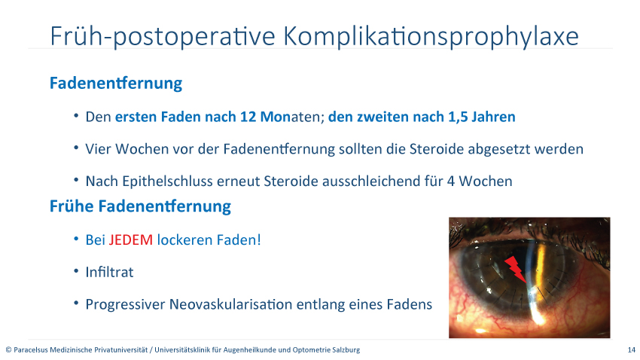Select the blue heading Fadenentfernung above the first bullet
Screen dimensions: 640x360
coord(116,83)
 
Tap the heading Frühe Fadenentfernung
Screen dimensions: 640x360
coord(140,206)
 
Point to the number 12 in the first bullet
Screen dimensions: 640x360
coord(248,117)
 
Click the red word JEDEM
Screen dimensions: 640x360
coord(130,240)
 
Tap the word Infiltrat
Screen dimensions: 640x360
coord(109,272)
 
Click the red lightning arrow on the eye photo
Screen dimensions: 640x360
coord(515,269)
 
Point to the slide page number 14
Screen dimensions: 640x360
coord(632,349)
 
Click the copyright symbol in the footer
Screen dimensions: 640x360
coord(8,349)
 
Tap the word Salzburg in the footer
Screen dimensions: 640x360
coord(348,349)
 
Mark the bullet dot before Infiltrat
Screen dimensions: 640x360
coord(76,271)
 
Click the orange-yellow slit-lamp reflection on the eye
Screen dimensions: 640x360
coord(541,264)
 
